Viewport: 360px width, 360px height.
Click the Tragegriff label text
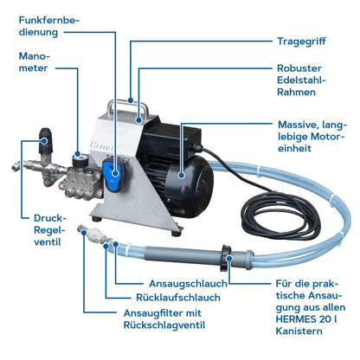tap(301, 42)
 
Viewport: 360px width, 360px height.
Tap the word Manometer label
tap(33, 62)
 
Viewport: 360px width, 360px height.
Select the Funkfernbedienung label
tap(48, 26)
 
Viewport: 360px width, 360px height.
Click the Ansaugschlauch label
tap(188, 284)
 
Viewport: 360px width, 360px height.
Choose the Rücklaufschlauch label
tap(178, 298)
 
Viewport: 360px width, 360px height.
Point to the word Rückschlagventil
tap(164, 325)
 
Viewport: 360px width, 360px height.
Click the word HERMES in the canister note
tap(296, 319)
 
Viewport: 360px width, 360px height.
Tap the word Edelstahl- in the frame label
tap(301, 80)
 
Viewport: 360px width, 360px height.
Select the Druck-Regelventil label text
tap(49, 230)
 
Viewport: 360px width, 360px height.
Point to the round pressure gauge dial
tap(78, 160)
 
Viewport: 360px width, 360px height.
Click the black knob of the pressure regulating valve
tap(46, 141)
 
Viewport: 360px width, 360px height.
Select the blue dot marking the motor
tap(182, 175)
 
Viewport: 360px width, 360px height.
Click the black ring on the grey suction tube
tap(226, 258)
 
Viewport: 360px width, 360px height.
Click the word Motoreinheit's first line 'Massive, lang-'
tap(312, 125)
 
